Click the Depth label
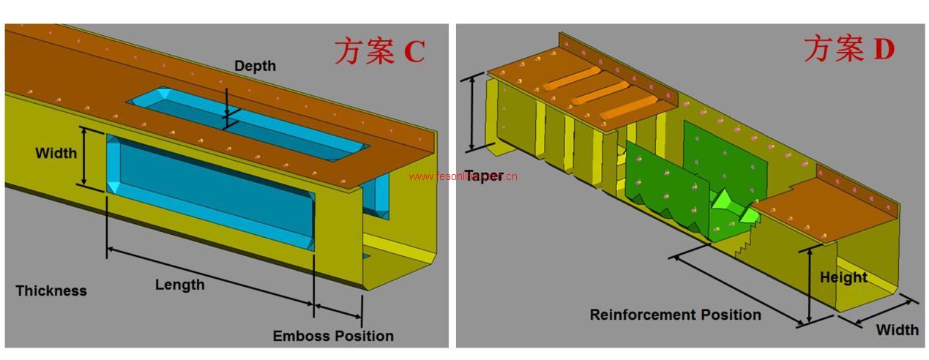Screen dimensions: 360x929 point(255,66)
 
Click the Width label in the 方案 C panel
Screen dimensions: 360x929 point(56,153)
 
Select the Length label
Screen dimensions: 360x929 point(179,284)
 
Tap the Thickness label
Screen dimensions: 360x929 point(51,290)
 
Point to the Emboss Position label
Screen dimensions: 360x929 point(333,336)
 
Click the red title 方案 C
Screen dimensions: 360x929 point(379,51)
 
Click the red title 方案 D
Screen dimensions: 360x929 point(849,50)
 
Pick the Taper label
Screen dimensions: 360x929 point(485,176)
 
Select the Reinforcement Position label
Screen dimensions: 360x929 point(675,315)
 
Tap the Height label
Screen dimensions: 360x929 point(843,277)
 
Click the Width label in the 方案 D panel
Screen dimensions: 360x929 point(897,330)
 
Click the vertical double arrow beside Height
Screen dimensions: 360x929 point(809,285)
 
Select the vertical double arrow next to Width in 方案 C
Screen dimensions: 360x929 point(85,157)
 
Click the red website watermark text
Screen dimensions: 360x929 point(463,176)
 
